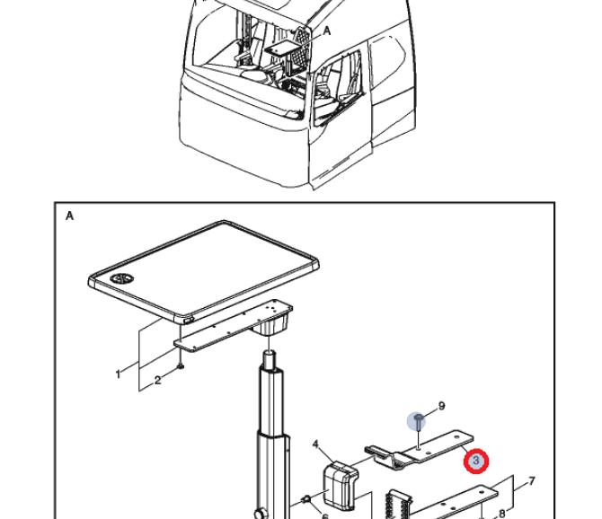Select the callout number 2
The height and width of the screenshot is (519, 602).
tap(157, 381)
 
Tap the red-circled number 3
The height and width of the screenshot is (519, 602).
tap(476, 462)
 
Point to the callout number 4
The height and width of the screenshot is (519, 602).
tap(316, 444)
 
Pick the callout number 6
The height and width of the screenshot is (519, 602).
tap(325, 515)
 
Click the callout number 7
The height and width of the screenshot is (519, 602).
tap(531, 481)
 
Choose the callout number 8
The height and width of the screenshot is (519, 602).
tap(502, 513)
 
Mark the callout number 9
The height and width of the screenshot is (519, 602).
tap(441, 406)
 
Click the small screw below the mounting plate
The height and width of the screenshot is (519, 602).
tap(181, 365)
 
